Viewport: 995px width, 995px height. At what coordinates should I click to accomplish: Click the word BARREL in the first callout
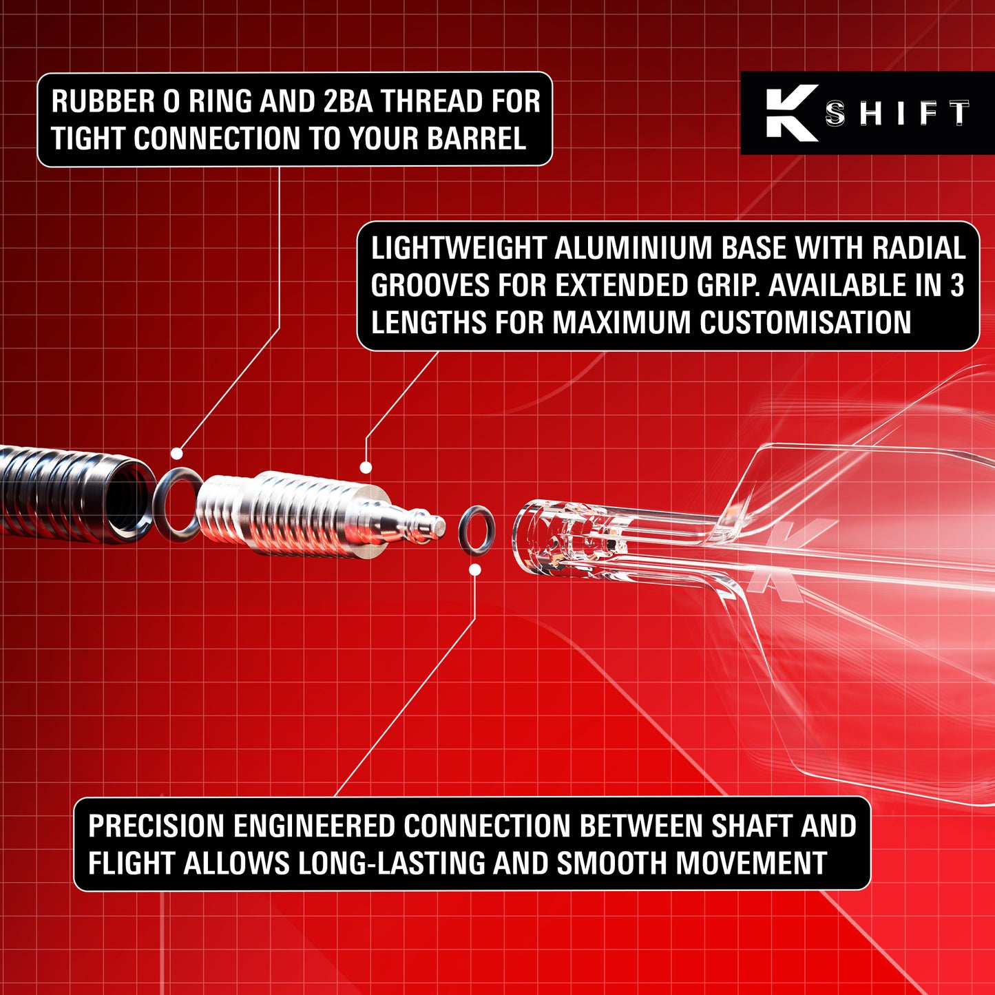coord(476,138)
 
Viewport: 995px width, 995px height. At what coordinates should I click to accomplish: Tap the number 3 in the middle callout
coord(957,286)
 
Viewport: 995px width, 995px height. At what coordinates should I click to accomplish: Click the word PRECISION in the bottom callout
coord(156,826)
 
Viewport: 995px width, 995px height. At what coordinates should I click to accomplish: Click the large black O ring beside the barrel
coord(176,503)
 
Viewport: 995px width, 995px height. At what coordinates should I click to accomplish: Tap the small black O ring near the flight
coord(476,531)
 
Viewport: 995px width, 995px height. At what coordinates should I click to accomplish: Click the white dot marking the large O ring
coord(177,454)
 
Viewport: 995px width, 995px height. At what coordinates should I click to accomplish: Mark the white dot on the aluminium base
coord(366,468)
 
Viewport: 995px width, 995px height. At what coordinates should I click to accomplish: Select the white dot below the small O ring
coord(475,569)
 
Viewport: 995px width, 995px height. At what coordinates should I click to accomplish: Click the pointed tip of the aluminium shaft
coord(439,527)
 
